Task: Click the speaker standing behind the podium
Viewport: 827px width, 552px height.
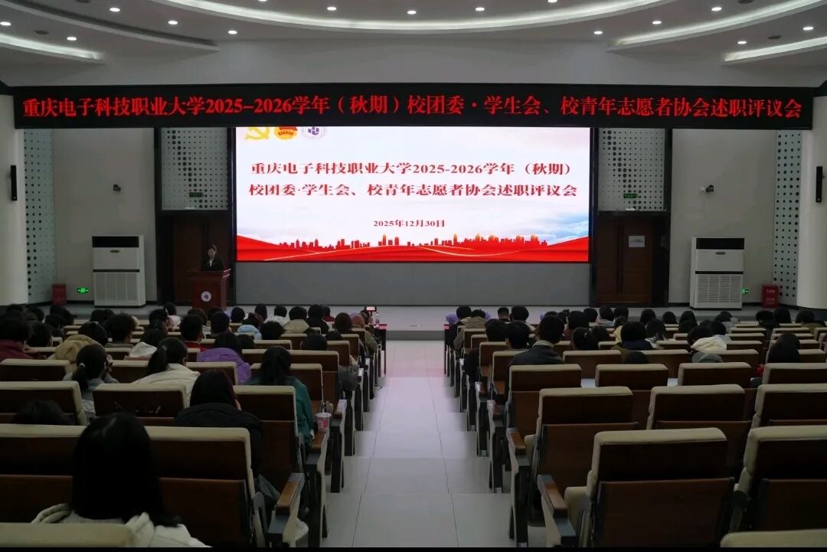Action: tap(212, 258)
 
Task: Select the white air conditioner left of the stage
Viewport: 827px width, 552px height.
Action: tap(118, 270)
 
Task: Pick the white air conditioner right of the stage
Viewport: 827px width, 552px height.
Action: tap(717, 273)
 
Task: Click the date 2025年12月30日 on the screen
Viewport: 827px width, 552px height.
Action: tap(409, 224)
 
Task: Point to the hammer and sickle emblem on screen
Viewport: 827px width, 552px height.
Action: tap(257, 133)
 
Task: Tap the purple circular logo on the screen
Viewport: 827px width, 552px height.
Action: tap(312, 132)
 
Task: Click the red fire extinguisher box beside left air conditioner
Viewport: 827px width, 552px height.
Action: tap(59, 295)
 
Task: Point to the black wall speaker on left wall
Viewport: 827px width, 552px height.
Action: tap(13, 182)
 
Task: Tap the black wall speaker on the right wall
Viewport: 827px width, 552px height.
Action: tap(819, 184)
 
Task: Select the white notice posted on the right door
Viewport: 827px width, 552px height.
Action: tap(636, 241)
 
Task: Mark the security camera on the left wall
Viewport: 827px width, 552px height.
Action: tap(117, 186)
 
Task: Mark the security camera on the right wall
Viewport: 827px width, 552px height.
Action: tap(708, 188)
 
